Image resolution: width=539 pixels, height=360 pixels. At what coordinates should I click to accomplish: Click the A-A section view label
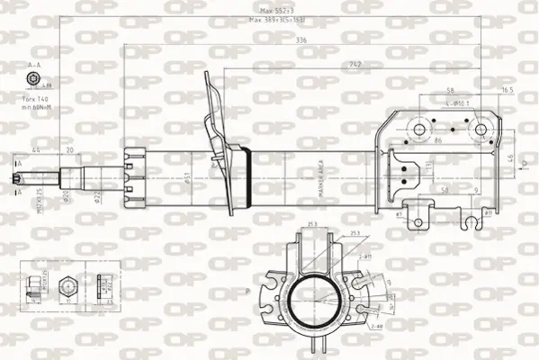tap(34, 66)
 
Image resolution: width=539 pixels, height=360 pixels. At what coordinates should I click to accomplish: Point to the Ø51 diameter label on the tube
tap(187, 178)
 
